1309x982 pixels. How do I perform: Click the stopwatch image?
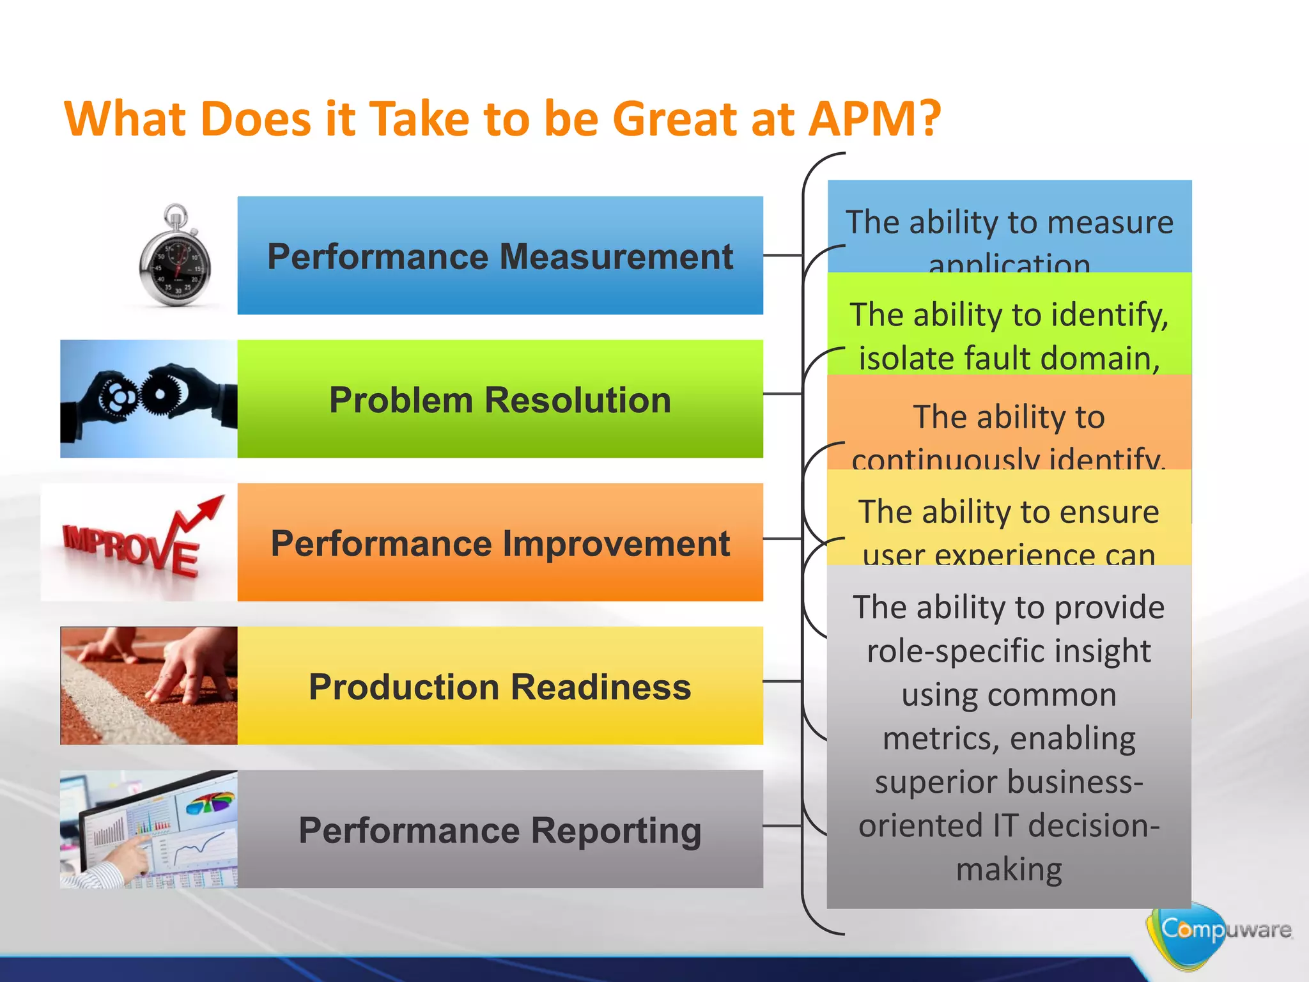tap(174, 257)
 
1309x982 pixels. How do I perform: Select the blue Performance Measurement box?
tap(500, 256)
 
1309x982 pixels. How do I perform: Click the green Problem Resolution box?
tap(500, 399)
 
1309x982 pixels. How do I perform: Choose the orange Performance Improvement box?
tap(500, 542)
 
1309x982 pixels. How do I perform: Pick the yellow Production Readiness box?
tap(500, 685)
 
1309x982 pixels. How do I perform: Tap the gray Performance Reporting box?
tap(500, 829)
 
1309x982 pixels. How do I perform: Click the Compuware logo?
tap(1214, 930)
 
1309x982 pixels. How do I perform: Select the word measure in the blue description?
tap(1110, 223)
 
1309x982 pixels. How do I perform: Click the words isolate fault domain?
tap(1009, 358)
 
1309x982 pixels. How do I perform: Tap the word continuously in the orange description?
tap(946, 459)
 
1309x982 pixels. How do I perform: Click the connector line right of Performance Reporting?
tap(782, 825)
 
